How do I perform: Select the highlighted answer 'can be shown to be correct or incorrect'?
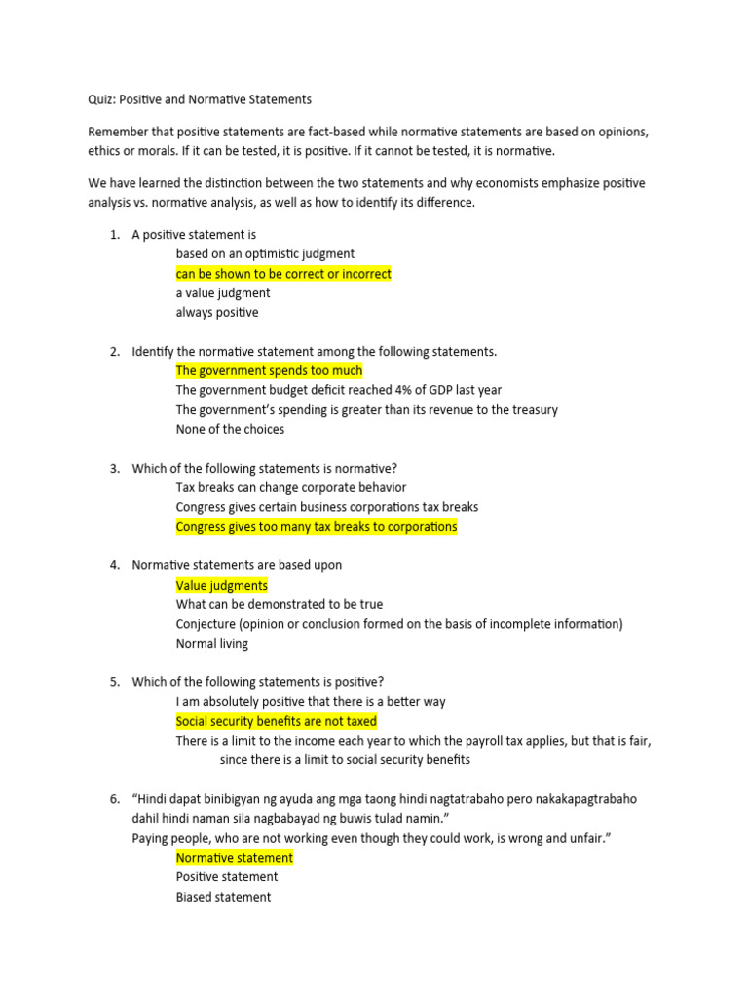[x=283, y=274]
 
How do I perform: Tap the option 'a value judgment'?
[x=223, y=293]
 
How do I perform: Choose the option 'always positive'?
[x=217, y=313]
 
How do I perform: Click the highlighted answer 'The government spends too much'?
[x=269, y=370]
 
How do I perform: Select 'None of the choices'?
[x=230, y=429]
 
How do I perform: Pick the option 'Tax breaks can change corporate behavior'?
[x=291, y=487]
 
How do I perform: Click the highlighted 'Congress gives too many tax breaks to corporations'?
[x=317, y=526]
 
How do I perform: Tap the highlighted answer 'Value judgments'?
[x=221, y=585]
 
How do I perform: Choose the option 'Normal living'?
[x=212, y=643]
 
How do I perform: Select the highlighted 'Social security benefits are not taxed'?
[x=276, y=721]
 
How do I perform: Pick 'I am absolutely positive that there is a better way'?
[x=311, y=702]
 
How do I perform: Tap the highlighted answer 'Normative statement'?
[x=234, y=858]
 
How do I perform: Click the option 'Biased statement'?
[x=223, y=897]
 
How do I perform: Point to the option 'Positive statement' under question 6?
[x=227, y=877]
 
